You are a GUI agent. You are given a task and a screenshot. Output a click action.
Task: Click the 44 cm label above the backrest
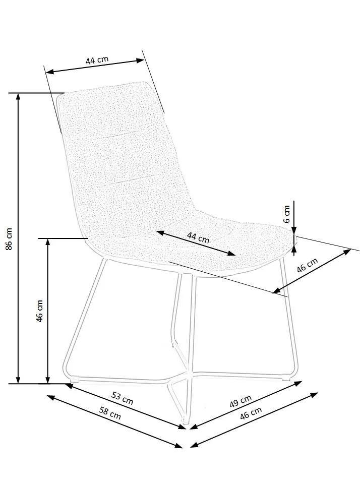click(97, 60)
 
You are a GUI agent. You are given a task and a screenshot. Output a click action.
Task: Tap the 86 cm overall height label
click(9, 238)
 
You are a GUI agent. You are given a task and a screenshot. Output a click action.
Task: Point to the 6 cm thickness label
click(286, 214)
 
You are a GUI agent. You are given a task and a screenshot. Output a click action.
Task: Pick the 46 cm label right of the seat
click(307, 266)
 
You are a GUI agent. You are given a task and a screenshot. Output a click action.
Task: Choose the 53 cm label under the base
click(122, 398)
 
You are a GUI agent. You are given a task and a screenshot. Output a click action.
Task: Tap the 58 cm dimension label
click(110, 415)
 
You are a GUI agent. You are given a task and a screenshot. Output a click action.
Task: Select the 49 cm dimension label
click(241, 401)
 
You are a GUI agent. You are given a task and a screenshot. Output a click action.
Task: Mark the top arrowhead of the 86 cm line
click(19, 97)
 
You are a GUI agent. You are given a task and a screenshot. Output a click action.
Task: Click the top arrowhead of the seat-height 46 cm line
click(48, 242)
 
